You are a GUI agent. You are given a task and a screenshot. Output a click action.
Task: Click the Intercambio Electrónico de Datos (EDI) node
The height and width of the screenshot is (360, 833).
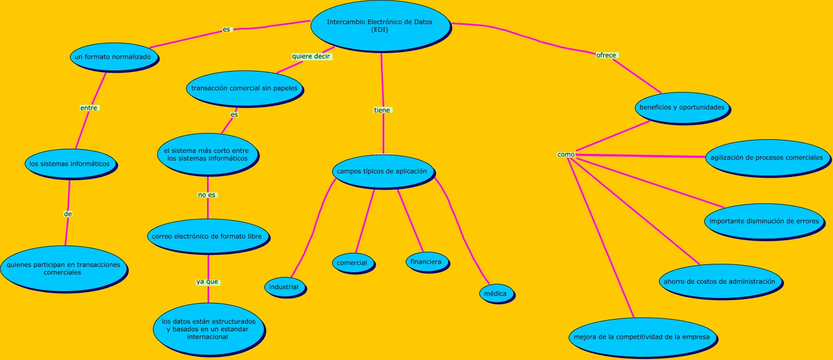[x=379, y=26]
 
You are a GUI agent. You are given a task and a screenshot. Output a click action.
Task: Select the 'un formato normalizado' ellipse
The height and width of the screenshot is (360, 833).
[x=113, y=57]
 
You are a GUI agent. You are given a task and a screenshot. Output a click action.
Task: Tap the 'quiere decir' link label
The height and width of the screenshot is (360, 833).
[x=311, y=56]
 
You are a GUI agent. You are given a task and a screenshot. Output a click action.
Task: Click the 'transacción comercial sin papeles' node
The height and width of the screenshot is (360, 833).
[x=244, y=88]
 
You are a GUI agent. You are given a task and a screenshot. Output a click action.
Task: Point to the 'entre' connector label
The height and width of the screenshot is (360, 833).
[x=89, y=108]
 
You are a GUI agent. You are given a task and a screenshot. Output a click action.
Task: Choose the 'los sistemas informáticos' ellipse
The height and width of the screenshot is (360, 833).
[x=69, y=164]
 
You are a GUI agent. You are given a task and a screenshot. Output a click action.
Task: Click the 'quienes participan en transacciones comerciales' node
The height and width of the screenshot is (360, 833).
[x=63, y=269]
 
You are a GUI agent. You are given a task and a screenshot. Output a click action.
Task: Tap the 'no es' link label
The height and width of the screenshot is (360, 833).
[x=207, y=195]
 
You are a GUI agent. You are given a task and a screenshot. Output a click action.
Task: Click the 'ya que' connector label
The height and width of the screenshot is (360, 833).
[x=208, y=282]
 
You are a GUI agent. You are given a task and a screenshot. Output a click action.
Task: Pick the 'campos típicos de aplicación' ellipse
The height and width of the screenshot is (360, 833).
[x=382, y=171]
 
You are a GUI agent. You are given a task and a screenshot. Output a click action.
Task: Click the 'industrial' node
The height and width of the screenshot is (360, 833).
[x=284, y=287]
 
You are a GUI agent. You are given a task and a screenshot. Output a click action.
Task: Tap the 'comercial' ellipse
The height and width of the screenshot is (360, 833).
[x=352, y=263]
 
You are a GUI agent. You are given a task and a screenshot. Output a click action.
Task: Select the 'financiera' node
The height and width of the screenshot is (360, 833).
[x=426, y=262]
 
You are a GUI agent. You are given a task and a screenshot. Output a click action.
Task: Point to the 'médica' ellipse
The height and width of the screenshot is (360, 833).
[x=495, y=294]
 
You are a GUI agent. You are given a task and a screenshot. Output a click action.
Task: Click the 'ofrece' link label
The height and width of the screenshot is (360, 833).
[x=606, y=55]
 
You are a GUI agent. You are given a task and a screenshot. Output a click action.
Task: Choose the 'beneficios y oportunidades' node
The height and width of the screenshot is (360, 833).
[x=682, y=108]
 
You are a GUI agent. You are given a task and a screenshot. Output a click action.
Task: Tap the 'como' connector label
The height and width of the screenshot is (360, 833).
[x=566, y=155]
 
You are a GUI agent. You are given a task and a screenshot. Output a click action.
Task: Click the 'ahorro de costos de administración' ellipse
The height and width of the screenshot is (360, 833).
[x=719, y=282]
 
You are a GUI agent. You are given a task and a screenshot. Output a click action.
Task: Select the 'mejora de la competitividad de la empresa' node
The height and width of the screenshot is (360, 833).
[x=642, y=337]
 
